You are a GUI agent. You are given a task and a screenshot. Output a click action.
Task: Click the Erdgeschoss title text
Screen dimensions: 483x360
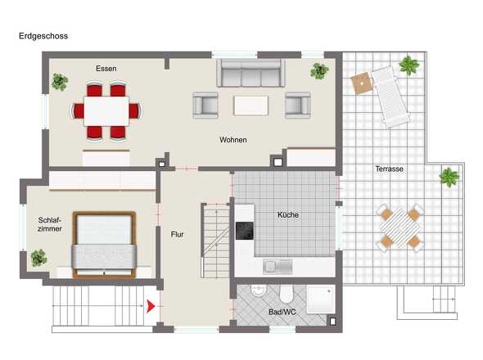point(43,36)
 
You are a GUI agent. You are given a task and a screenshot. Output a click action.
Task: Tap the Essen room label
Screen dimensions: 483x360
point(106,69)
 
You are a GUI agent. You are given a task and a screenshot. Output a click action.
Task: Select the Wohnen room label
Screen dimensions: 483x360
point(233,140)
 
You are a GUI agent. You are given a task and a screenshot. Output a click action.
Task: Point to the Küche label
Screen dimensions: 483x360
point(288,214)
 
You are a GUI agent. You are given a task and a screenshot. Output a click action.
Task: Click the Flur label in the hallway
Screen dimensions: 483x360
point(177,234)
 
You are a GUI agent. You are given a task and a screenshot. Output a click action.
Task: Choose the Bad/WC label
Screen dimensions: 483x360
point(282,312)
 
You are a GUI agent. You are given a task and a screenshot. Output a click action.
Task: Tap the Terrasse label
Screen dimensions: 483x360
point(390,169)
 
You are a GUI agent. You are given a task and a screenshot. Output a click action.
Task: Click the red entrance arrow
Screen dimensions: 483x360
point(151,307)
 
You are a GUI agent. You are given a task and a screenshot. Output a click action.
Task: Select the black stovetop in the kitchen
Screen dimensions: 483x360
point(245,231)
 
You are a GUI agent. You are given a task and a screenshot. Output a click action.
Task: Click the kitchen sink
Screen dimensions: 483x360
point(278,267)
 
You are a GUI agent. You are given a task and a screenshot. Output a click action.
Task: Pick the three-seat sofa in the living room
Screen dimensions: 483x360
point(251,73)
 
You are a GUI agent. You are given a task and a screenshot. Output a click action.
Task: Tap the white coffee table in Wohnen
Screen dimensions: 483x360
point(251,106)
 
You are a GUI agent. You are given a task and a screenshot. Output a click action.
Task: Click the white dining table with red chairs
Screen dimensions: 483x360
point(106,111)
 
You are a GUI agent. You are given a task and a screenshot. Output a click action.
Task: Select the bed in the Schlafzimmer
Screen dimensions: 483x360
point(105,245)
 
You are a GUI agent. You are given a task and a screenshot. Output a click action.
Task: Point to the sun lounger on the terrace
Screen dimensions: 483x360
point(390,97)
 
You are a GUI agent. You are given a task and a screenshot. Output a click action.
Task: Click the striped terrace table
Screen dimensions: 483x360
point(399,228)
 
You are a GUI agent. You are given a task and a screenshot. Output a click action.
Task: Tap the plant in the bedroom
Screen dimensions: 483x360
point(38,258)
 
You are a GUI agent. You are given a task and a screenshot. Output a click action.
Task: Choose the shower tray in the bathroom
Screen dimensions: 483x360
point(321,299)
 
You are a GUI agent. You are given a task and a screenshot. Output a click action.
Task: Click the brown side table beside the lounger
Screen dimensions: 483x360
point(362,83)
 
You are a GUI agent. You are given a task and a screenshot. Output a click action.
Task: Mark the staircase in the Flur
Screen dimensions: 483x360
point(216,241)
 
